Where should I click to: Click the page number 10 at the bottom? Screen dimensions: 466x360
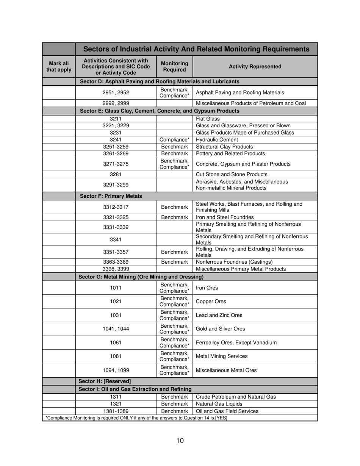(x=180, y=440)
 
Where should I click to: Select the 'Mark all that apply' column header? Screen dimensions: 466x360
(x=59, y=67)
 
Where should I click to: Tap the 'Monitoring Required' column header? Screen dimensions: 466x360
(x=174, y=67)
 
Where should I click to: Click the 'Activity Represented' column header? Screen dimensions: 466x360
(x=255, y=67)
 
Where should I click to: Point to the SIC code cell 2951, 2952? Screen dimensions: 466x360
(x=116, y=93)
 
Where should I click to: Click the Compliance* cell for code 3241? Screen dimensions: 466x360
(x=174, y=139)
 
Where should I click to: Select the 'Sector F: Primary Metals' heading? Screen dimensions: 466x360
(x=111, y=196)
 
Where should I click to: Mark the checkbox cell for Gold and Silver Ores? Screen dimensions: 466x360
(x=59, y=329)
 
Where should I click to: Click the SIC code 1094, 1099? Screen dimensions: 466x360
(x=116, y=370)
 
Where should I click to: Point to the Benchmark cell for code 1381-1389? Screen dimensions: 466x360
(x=174, y=411)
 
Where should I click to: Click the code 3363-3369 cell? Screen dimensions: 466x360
(x=116, y=262)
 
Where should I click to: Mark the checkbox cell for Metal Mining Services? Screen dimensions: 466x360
(x=59, y=356)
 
